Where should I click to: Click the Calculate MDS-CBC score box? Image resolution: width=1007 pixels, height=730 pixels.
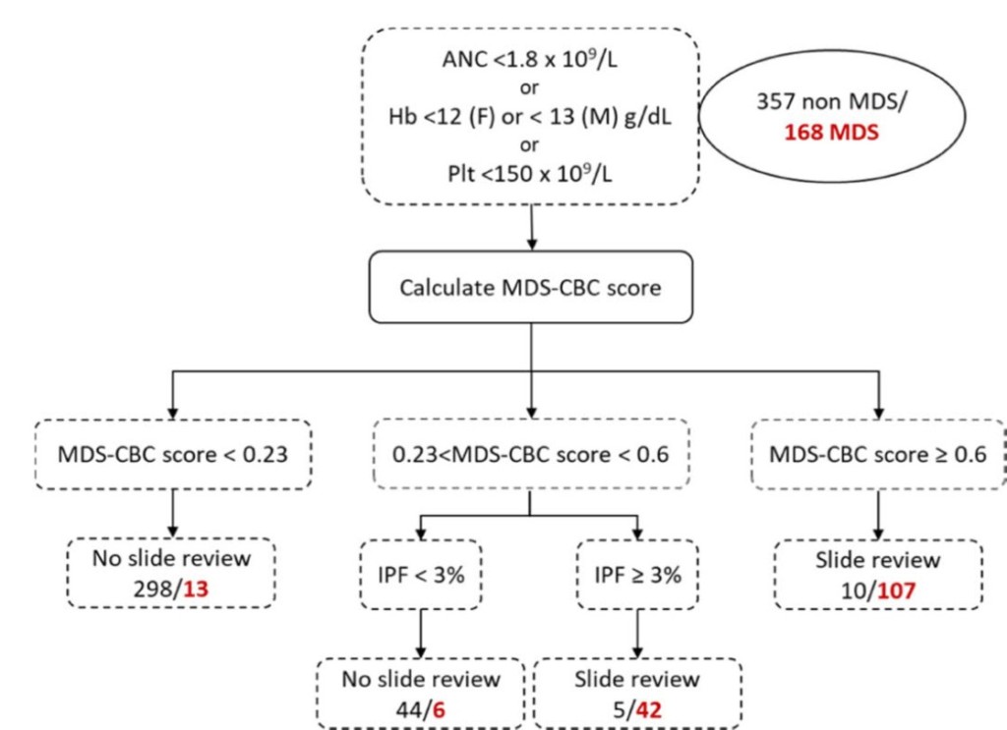coord(530,289)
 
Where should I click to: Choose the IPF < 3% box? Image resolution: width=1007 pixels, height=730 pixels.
coord(421,574)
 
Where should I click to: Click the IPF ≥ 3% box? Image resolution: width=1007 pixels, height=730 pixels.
coord(639,574)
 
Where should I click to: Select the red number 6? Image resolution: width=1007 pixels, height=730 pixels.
coord(441,705)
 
